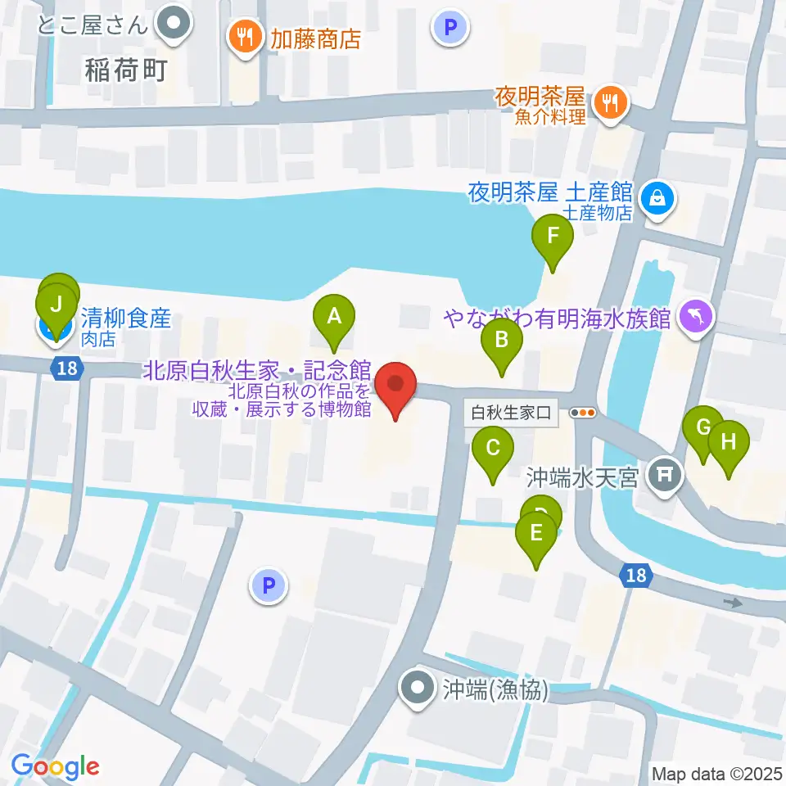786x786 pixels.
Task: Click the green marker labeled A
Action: point(334,316)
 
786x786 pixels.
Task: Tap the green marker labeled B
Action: point(501,338)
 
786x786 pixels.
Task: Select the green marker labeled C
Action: point(493,448)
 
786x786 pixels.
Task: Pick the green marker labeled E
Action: point(536,534)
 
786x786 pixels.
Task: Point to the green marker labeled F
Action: point(553,237)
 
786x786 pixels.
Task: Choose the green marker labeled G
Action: point(702,427)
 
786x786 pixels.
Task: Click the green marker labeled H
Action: point(729,442)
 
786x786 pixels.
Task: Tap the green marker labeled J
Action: point(56,305)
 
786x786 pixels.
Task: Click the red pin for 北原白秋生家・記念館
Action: point(395,385)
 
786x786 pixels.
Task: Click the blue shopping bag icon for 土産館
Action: point(657,197)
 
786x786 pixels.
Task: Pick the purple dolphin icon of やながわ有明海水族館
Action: point(696,315)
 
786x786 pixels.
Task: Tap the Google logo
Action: point(55,767)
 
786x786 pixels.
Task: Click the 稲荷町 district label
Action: point(125,70)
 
